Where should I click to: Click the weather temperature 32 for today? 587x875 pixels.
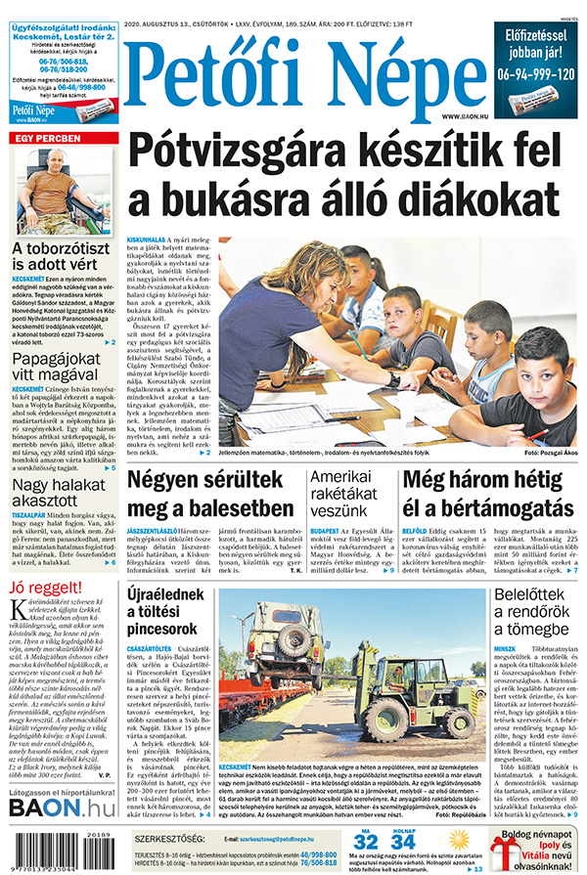tap(366, 841)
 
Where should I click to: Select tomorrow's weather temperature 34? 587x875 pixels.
tap(403, 841)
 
